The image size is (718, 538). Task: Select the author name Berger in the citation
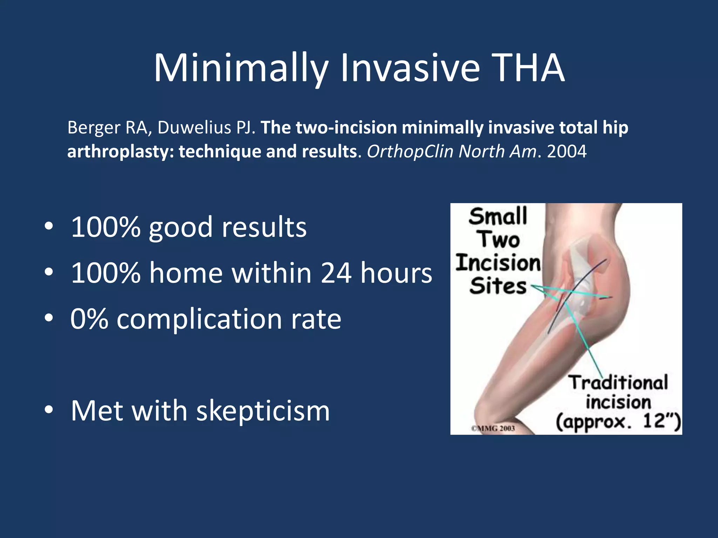tap(94, 127)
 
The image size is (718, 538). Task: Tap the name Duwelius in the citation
tap(194, 127)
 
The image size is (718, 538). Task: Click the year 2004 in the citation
tap(567, 152)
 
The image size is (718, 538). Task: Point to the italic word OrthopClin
tap(410, 152)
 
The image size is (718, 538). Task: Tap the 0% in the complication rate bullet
tap(89, 319)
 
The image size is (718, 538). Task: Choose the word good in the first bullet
tap(181, 228)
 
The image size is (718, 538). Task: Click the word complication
tap(199, 319)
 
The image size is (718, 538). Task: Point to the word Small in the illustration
tap(498, 216)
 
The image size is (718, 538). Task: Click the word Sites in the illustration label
tap(498, 286)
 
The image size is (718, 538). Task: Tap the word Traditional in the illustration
tap(618, 382)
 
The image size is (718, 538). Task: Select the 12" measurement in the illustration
tap(661, 421)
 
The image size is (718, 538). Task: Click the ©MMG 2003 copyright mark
tap(493, 428)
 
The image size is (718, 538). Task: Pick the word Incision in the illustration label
tap(498, 263)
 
